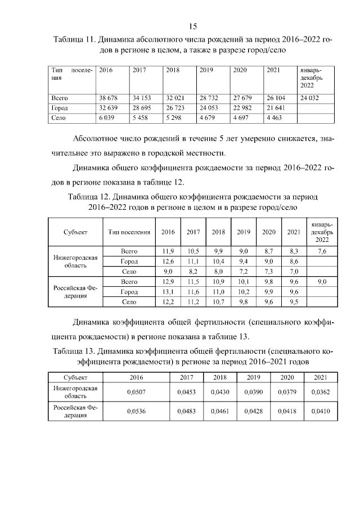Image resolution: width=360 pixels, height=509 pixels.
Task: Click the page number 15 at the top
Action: point(191,27)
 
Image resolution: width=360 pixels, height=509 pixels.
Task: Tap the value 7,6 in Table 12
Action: point(322,251)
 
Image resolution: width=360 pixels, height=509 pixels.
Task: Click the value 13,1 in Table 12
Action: point(168,292)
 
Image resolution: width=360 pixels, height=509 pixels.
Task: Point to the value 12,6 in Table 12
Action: point(168,262)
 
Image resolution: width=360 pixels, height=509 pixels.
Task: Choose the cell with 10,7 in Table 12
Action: point(218,302)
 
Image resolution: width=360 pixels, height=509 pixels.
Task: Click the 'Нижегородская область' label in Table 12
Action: point(75,262)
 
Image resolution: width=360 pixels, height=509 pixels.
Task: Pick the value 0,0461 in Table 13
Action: point(220,412)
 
